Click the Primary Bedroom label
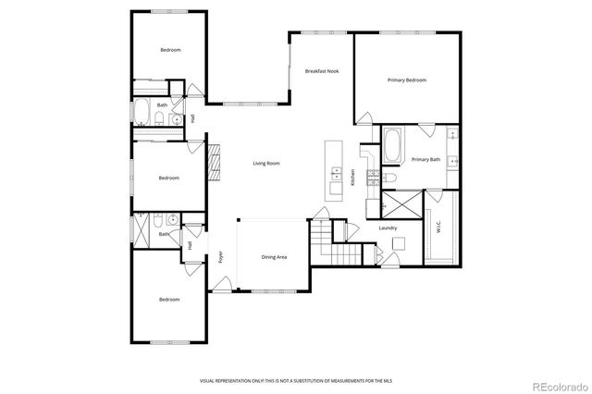pos(407,80)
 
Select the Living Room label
pos(266,164)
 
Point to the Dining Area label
pos(274,257)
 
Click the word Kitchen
pos(352,178)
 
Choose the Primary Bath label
pos(425,159)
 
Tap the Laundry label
pos(388,228)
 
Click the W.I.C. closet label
pos(438,226)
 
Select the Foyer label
pos(220,257)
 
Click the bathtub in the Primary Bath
pos(392,144)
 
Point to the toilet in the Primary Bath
pos(391,177)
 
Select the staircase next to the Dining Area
pos(333,242)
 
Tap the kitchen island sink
pos(335,172)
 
